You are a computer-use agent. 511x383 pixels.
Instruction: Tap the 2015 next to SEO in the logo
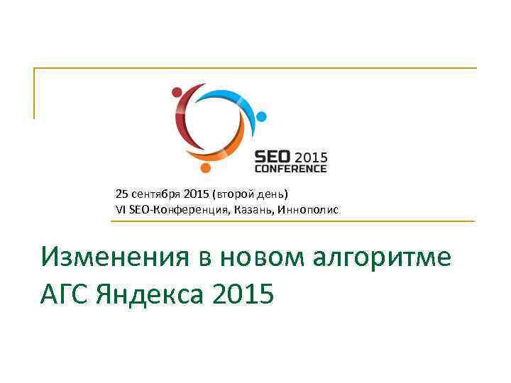tap(310, 157)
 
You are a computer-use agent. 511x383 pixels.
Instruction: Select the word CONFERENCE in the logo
tap(291, 169)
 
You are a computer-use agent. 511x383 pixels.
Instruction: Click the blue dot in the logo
tap(261, 116)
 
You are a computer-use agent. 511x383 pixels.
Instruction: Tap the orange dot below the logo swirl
tap(205, 168)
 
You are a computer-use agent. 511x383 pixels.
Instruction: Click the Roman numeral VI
tap(120, 210)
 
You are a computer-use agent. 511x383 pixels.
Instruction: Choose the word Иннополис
tap(309, 210)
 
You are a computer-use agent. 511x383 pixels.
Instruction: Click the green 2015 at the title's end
tap(242, 292)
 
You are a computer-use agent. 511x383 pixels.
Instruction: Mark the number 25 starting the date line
tap(121, 194)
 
